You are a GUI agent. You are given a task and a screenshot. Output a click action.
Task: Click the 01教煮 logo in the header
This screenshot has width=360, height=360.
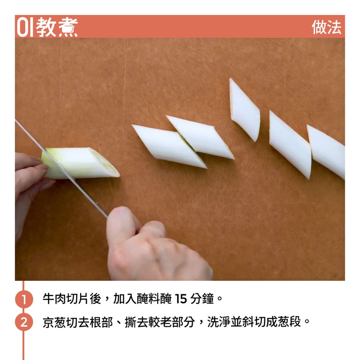pyautogui.click(x=48, y=27)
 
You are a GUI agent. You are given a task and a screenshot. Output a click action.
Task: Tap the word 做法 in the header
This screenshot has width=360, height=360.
pyautogui.click(x=326, y=27)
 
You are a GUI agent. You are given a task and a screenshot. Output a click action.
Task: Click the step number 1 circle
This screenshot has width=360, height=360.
pyautogui.click(x=24, y=299)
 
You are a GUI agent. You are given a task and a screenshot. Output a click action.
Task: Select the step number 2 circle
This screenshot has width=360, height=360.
pyautogui.click(x=24, y=322)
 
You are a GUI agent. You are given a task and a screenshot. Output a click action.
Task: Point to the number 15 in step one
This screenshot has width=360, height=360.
pyautogui.click(x=181, y=299)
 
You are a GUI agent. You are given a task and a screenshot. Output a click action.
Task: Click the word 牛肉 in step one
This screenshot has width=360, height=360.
pyautogui.click(x=54, y=299)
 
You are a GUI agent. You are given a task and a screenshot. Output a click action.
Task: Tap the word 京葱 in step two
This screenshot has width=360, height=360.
pyautogui.click(x=54, y=322)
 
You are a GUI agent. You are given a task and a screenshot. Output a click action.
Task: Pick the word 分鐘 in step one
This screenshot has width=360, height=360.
pyautogui.click(x=202, y=299)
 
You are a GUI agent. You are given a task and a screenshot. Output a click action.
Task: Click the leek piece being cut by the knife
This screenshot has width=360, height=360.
pyautogui.click(x=81, y=163)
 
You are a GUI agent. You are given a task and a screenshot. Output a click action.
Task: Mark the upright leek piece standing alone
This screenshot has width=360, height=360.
pyautogui.click(x=245, y=110)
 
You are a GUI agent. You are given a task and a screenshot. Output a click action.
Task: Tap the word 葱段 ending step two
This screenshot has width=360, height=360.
pyautogui.click(x=289, y=322)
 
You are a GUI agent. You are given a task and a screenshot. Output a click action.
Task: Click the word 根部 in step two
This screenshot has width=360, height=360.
pyautogui.click(x=101, y=322)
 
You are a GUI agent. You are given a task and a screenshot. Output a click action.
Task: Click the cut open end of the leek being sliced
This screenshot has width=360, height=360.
pyautogui.click(x=104, y=162)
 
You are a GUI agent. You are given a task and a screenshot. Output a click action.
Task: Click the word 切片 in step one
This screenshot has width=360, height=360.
pyautogui.click(x=78, y=299)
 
